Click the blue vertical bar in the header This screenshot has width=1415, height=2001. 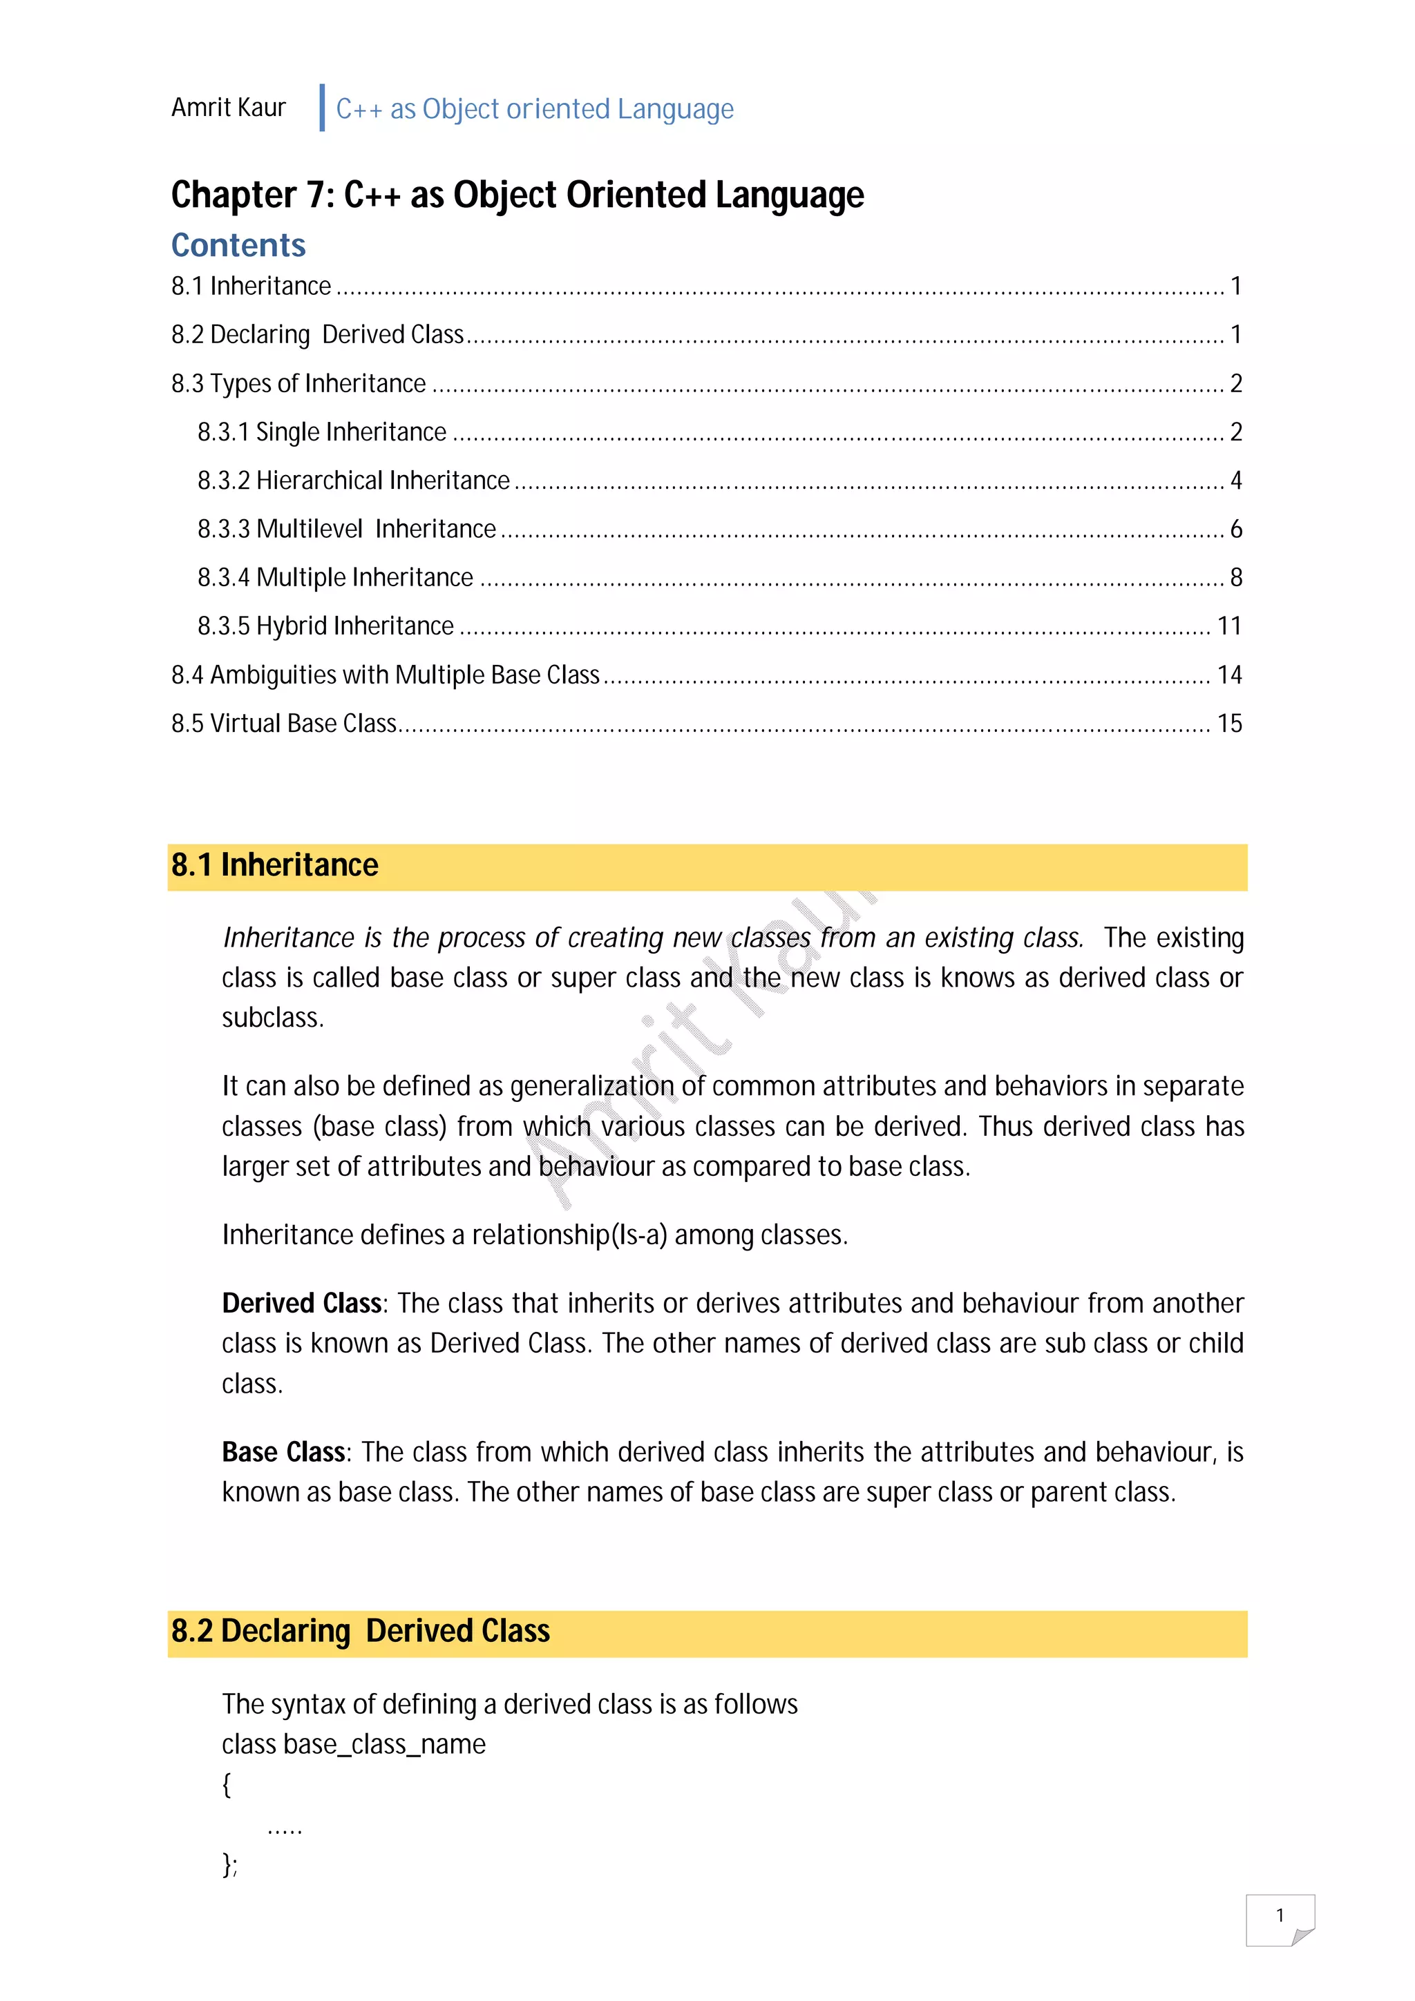coord(323,108)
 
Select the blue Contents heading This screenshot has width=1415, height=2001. coord(238,245)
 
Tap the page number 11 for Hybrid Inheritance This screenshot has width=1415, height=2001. coord(1228,626)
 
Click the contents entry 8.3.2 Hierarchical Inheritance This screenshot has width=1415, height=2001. coord(353,480)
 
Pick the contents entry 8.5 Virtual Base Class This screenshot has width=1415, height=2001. coord(283,724)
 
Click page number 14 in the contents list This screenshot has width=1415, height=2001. coord(1228,675)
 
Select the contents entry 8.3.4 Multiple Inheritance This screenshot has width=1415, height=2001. coord(335,577)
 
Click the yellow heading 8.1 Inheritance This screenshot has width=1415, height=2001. coord(274,865)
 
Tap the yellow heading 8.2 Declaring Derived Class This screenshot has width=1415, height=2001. coord(360,1631)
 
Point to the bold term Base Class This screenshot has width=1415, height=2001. coord(283,1452)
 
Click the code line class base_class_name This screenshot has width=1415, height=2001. coord(353,1744)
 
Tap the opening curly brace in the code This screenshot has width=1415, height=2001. coord(227,1784)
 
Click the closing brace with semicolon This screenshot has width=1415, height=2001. coord(229,1864)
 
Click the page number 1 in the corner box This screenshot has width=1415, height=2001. coord(1279,1915)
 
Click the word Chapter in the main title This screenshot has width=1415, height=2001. coord(234,195)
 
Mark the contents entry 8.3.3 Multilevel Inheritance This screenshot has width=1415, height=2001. coord(346,529)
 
